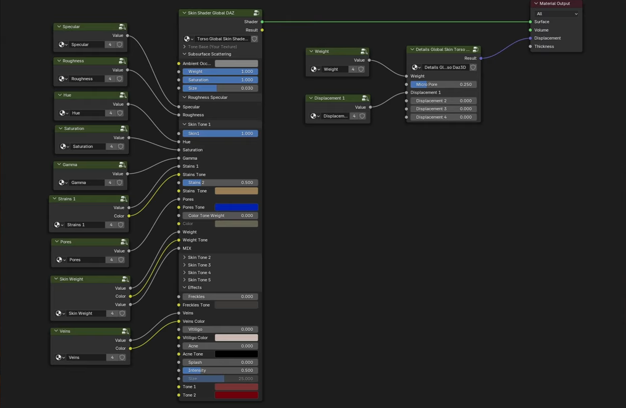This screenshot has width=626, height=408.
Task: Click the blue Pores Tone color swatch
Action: pos(236,207)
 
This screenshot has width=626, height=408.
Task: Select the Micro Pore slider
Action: pos(444,84)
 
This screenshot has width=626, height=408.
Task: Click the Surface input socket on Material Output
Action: pos(530,22)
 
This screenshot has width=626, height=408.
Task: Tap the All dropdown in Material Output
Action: pos(556,14)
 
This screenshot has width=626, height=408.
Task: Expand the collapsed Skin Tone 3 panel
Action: pos(199,265)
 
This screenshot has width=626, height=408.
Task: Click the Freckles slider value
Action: pos(220,296)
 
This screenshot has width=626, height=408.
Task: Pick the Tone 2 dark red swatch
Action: pos(236,395)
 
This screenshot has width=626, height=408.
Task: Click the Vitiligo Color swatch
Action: pos(236,337)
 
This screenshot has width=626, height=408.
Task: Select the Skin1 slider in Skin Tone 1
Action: pos(220,133)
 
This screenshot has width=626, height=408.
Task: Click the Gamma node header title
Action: pos(70,164)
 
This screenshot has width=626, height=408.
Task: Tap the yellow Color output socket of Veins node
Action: pos(130,349)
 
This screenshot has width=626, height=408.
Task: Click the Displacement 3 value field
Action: pos(444,109)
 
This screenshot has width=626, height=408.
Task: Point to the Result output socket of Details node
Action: pos(481,58)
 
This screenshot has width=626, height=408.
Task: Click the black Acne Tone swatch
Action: pos(236,354)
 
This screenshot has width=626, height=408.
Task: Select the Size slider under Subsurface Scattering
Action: pos(220,88)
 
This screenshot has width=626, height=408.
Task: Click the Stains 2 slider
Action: pos(220,183)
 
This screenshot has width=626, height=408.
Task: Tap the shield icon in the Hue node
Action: pos(120,113)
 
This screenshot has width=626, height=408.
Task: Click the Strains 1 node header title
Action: pos(66,199)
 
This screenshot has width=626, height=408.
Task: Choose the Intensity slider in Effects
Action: pos(220,370)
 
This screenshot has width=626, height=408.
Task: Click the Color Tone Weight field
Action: pos(220,216)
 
